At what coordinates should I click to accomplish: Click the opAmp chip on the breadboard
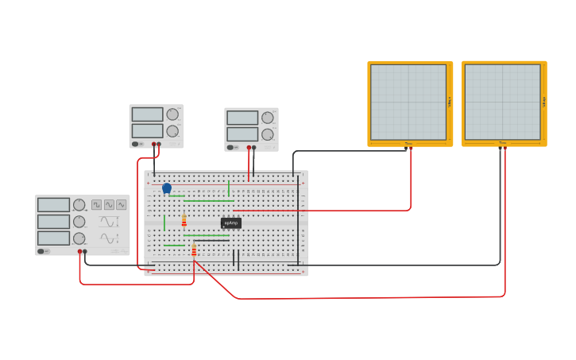(231, 223)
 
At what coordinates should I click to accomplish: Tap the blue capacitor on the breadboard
(167, 188)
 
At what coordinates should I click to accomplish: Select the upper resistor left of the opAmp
(184, 220)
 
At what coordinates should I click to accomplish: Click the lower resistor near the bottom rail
(194, 250)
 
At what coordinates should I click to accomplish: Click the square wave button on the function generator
(96, 204)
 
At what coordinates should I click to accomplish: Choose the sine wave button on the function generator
(122, 204)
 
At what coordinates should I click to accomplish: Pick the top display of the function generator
(54, 205)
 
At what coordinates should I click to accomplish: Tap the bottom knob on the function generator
(79, 238)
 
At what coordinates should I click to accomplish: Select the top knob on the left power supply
(172, 114)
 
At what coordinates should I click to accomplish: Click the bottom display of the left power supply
(147, 130)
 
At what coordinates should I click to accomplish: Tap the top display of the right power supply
(242, 118)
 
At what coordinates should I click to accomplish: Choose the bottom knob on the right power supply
(268, 134)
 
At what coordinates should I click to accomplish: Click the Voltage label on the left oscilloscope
(450, 102)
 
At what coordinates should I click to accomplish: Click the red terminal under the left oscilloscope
(411, 148)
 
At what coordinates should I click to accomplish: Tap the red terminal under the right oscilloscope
(504, 148)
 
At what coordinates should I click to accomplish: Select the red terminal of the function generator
(79, 252)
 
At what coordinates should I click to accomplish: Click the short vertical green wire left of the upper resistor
(164, 223)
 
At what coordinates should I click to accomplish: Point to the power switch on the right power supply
(231, 147)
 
